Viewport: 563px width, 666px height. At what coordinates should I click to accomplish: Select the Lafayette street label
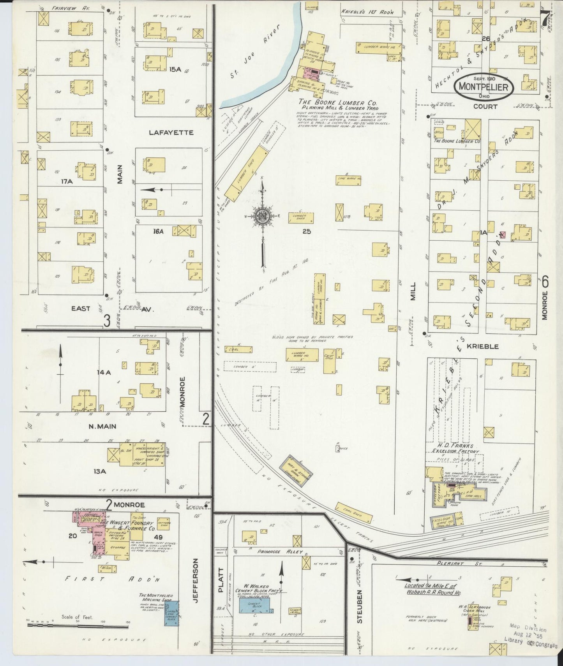click(171, 133)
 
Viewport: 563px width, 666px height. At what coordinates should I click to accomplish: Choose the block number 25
click(306, 231)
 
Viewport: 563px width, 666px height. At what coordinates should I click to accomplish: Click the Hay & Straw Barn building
click(300, 469)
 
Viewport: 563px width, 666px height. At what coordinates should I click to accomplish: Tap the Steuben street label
click(359, 612)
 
